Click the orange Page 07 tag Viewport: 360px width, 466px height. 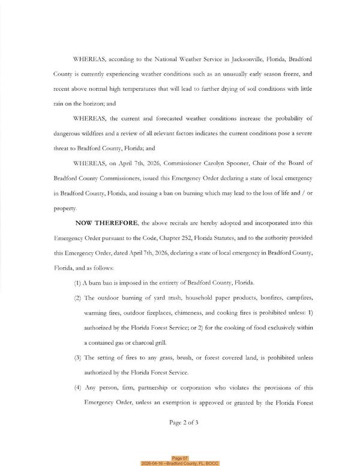tap(180, 458)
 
